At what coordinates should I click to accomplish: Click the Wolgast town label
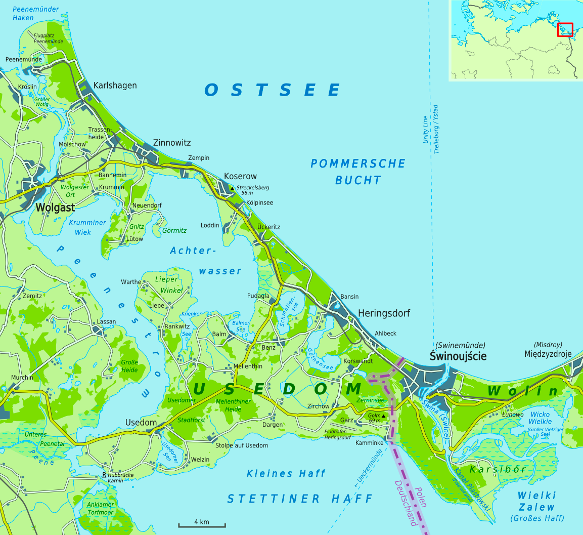(x=55, y=208)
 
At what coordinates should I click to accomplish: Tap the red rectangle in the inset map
(x=565, y=30)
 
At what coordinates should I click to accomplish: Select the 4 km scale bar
(x=194, y=526)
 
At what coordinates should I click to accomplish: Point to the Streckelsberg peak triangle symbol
(x=232, y=188)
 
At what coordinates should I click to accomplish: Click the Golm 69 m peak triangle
(x=383, y=416)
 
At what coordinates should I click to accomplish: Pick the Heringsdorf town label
(x=384, y=313)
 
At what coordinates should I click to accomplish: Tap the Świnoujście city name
(x=458, y=356)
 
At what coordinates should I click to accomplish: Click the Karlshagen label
(x=115, y=85)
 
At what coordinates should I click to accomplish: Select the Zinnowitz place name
(x=172, y=143)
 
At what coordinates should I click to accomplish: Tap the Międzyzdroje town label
(x=548, y=354)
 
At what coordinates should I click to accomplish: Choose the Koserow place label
(x=240, y=176)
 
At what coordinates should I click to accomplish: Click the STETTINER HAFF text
(x=299, y=499)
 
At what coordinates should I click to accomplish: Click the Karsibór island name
(x=498, y=469)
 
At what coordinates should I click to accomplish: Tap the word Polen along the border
(x=419, y=498)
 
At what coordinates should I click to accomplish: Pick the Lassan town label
(x=106, y=321)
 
